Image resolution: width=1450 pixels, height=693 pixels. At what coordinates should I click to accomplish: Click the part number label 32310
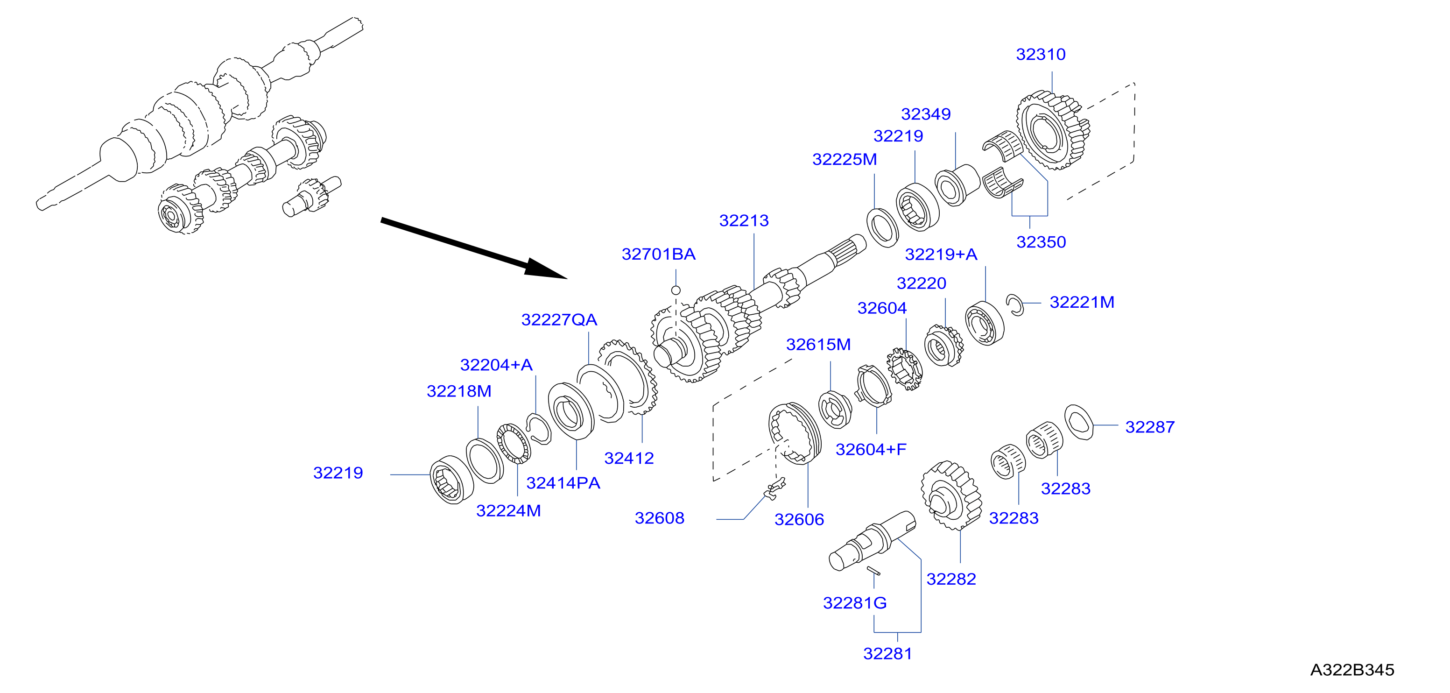[1040, 55]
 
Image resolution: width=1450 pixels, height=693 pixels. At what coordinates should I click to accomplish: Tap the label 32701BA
[658, 255]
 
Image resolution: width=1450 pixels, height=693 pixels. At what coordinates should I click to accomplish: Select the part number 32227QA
[559, 320]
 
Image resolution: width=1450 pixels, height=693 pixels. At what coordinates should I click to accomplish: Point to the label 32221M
[1081, 303]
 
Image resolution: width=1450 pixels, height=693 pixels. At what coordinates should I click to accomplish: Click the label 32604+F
[871, 450]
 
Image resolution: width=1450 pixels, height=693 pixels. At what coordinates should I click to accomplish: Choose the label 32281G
[854, 603]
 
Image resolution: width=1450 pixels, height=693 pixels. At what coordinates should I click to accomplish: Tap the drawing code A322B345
[1352, 670]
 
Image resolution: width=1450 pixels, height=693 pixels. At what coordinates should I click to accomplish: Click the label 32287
[1149, 427]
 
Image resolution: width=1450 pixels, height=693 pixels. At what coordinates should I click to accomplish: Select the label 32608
[659, 518]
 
